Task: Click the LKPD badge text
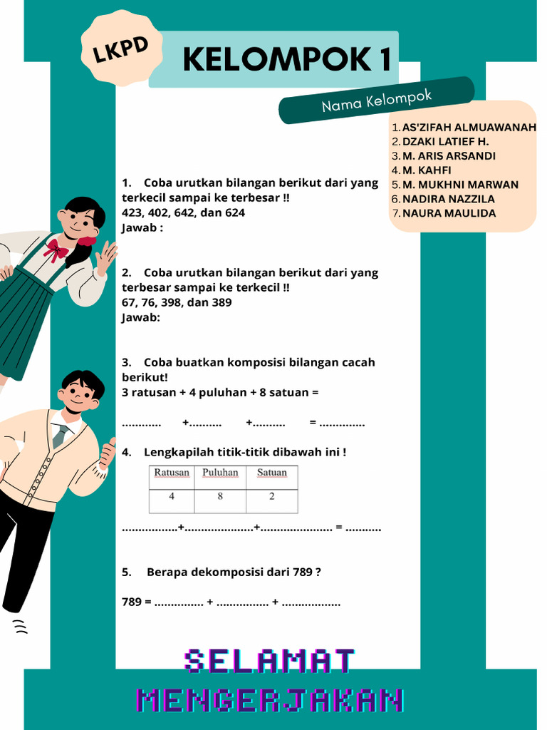pyautogui.click(x=121, y=50)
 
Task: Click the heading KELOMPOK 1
pyautogui.click(x=287, y=60)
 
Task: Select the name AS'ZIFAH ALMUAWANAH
pyautogui.click(x=469, y=128)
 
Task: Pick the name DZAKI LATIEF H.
pyautogui.click(x=445, y=142)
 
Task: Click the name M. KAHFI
pyautogui.click(x=427, y=170)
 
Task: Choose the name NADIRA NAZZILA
pyautogui.click(x=448, y=199)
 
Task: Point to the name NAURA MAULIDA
pyautogui.click(x=449, y=213)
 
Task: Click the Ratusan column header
pyautogui.click(x=172, y=473)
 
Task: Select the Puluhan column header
pyautogui.click(x=220, y=473)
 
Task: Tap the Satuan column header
pyautogui.click(x=271, y=473)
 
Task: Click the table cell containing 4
pyautogui.click(x=172, y=497)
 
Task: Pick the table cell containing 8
pyautogui.click(x=220, y=497)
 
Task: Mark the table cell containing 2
pyautogui.click(x=271, y=497)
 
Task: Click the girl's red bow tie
pyautogui.click(x=56, y=250)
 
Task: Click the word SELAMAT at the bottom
pyautogui.click(x=270, y=662)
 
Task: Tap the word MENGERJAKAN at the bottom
pyautogui.click(x=270, y=700)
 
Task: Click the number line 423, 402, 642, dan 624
pyautogui.click(x=183, y=212)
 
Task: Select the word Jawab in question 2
pyautogui.click(x=140, y=317)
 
